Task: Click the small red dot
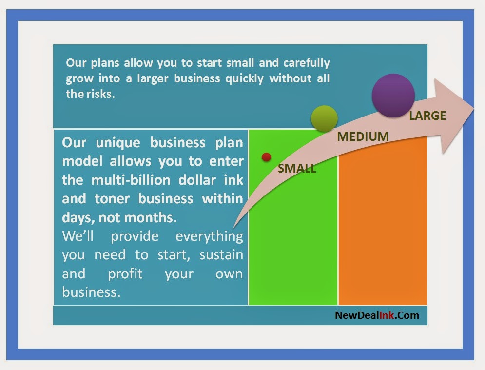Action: [266, 157]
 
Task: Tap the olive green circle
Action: [324, 118]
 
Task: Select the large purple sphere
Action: [393, 96]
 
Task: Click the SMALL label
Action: [297, 169]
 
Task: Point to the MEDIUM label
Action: [363, 136]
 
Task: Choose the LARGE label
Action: [427, 116]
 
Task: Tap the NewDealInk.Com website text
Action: [377, 315]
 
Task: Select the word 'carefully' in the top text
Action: [307, 63]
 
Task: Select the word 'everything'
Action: [210, 236]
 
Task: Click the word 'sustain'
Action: [221, 255]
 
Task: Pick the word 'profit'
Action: [125, 274]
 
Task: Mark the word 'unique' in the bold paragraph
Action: [118, 143]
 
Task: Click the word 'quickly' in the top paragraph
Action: [244, 78]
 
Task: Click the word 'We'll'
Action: [78, 236]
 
